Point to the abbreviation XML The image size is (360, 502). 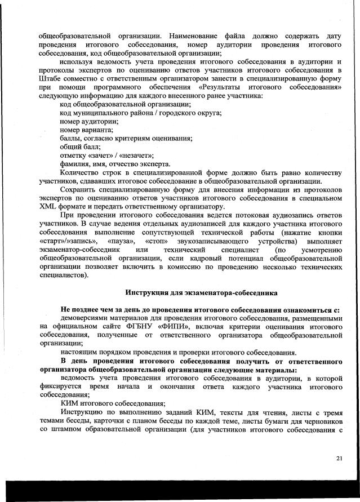click(50, 207)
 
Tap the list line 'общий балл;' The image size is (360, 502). click(80, 146)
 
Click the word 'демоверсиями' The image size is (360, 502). click(86, 317)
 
